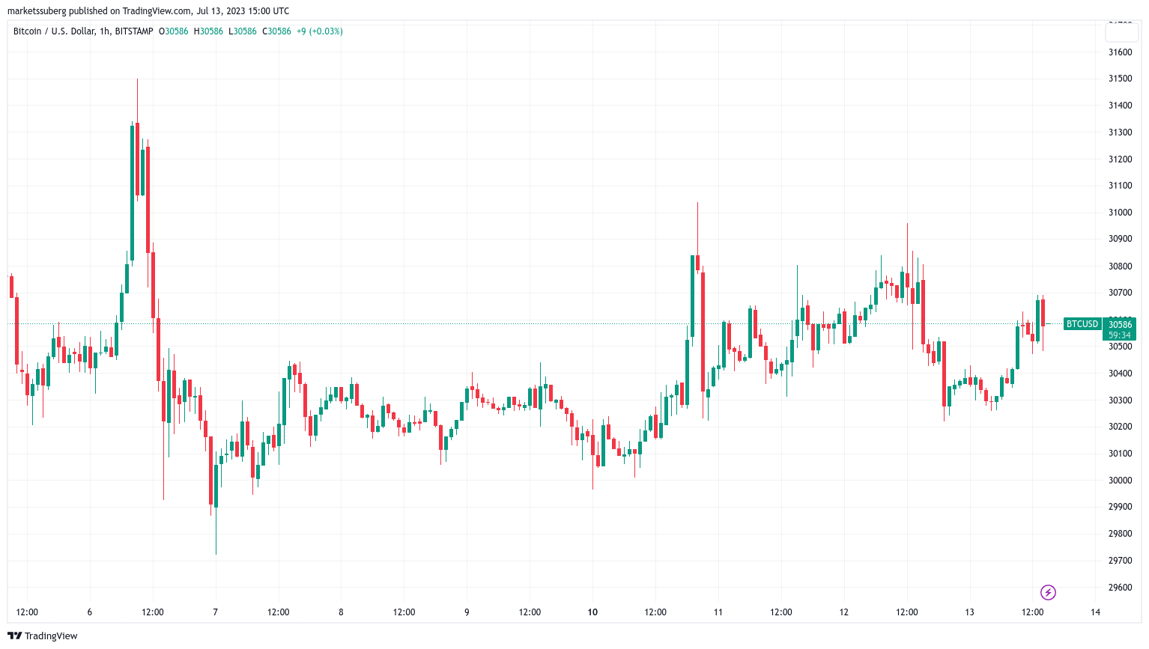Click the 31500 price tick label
coord(1120,79)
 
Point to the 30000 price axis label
coord(1120,481)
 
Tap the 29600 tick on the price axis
coord(1120,588)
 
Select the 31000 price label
coord(1120,213)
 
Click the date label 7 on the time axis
coord(216,612)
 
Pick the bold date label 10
coord(592,612)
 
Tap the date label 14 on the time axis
coord(1095,612)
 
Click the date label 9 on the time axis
coord(467,612)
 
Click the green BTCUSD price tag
coord(1082,324)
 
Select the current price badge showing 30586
coord(1120,325)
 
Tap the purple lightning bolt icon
coord(1048,593)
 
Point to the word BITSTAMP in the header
coord(134,31)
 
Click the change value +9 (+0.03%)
coord(320,31)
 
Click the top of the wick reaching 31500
coord(137,79)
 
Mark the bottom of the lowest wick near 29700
coord(216,554)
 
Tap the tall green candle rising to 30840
coord(692,296)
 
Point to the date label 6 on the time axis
coord(90,612)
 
